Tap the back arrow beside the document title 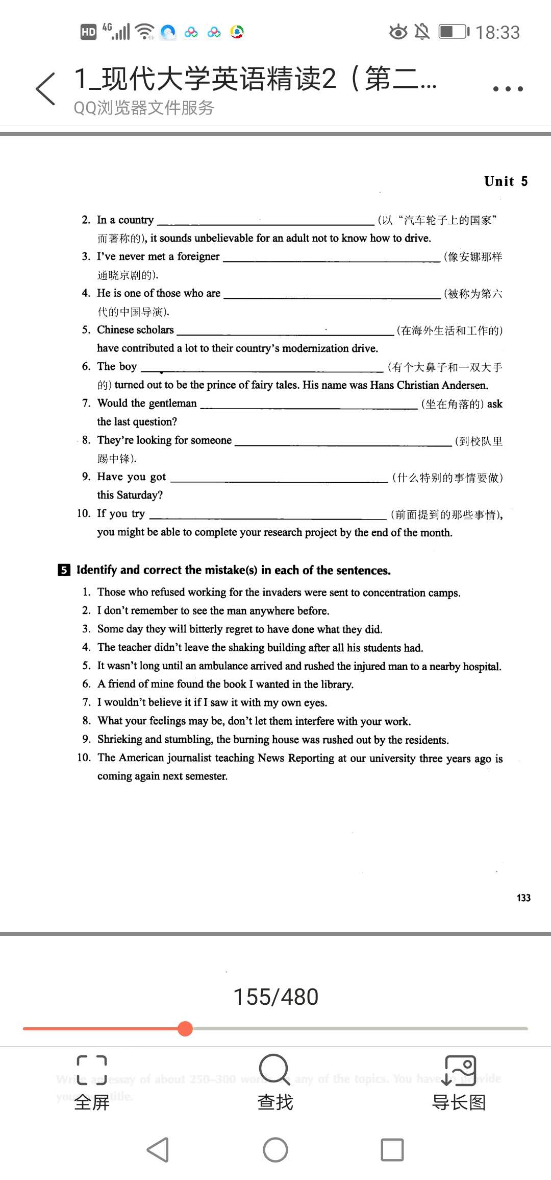[x=45, y=89]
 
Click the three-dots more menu [x=508, y=89]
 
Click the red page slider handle [x=185, y=1028]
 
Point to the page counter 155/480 [x=275, y=997]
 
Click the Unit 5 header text [x=506, y=181]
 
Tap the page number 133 [x=523, y=898]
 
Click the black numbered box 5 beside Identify [x=64, y=570]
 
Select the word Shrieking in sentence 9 [x=120, y=739]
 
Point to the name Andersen [x=464, y=385]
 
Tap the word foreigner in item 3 [x=198, y=256]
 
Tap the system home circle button [x=275, y=1150]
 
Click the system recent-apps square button [x=392, y=1150]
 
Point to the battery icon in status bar [x=454, y=32]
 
